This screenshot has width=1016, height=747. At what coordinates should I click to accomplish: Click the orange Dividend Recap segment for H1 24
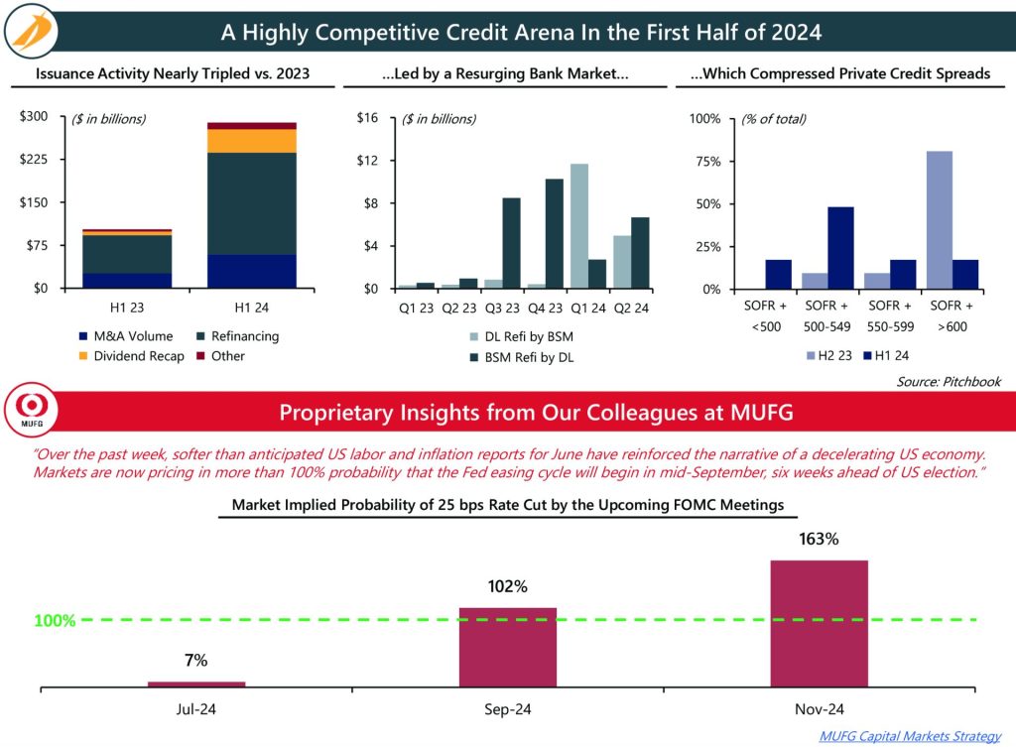[252, 140]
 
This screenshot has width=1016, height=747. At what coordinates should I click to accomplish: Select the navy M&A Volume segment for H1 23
[127, 281]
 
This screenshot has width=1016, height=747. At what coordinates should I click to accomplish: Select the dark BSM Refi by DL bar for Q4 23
[554, 233]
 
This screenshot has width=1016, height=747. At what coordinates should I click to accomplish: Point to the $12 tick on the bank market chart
[367, 161]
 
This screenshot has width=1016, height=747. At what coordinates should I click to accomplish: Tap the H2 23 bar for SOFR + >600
[939, 219]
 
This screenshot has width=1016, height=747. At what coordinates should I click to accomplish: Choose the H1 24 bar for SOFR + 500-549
[840, 247]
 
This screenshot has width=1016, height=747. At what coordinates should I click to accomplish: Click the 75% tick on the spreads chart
[707, 162]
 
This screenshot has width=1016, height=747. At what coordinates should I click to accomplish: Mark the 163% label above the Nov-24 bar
[819, 540]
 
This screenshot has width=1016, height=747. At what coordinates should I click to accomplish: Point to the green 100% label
[55, 621]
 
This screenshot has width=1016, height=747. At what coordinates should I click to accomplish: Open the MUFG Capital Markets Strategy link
[910, 735]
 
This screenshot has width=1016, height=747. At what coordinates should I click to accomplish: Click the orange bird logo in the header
[36, 32]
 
